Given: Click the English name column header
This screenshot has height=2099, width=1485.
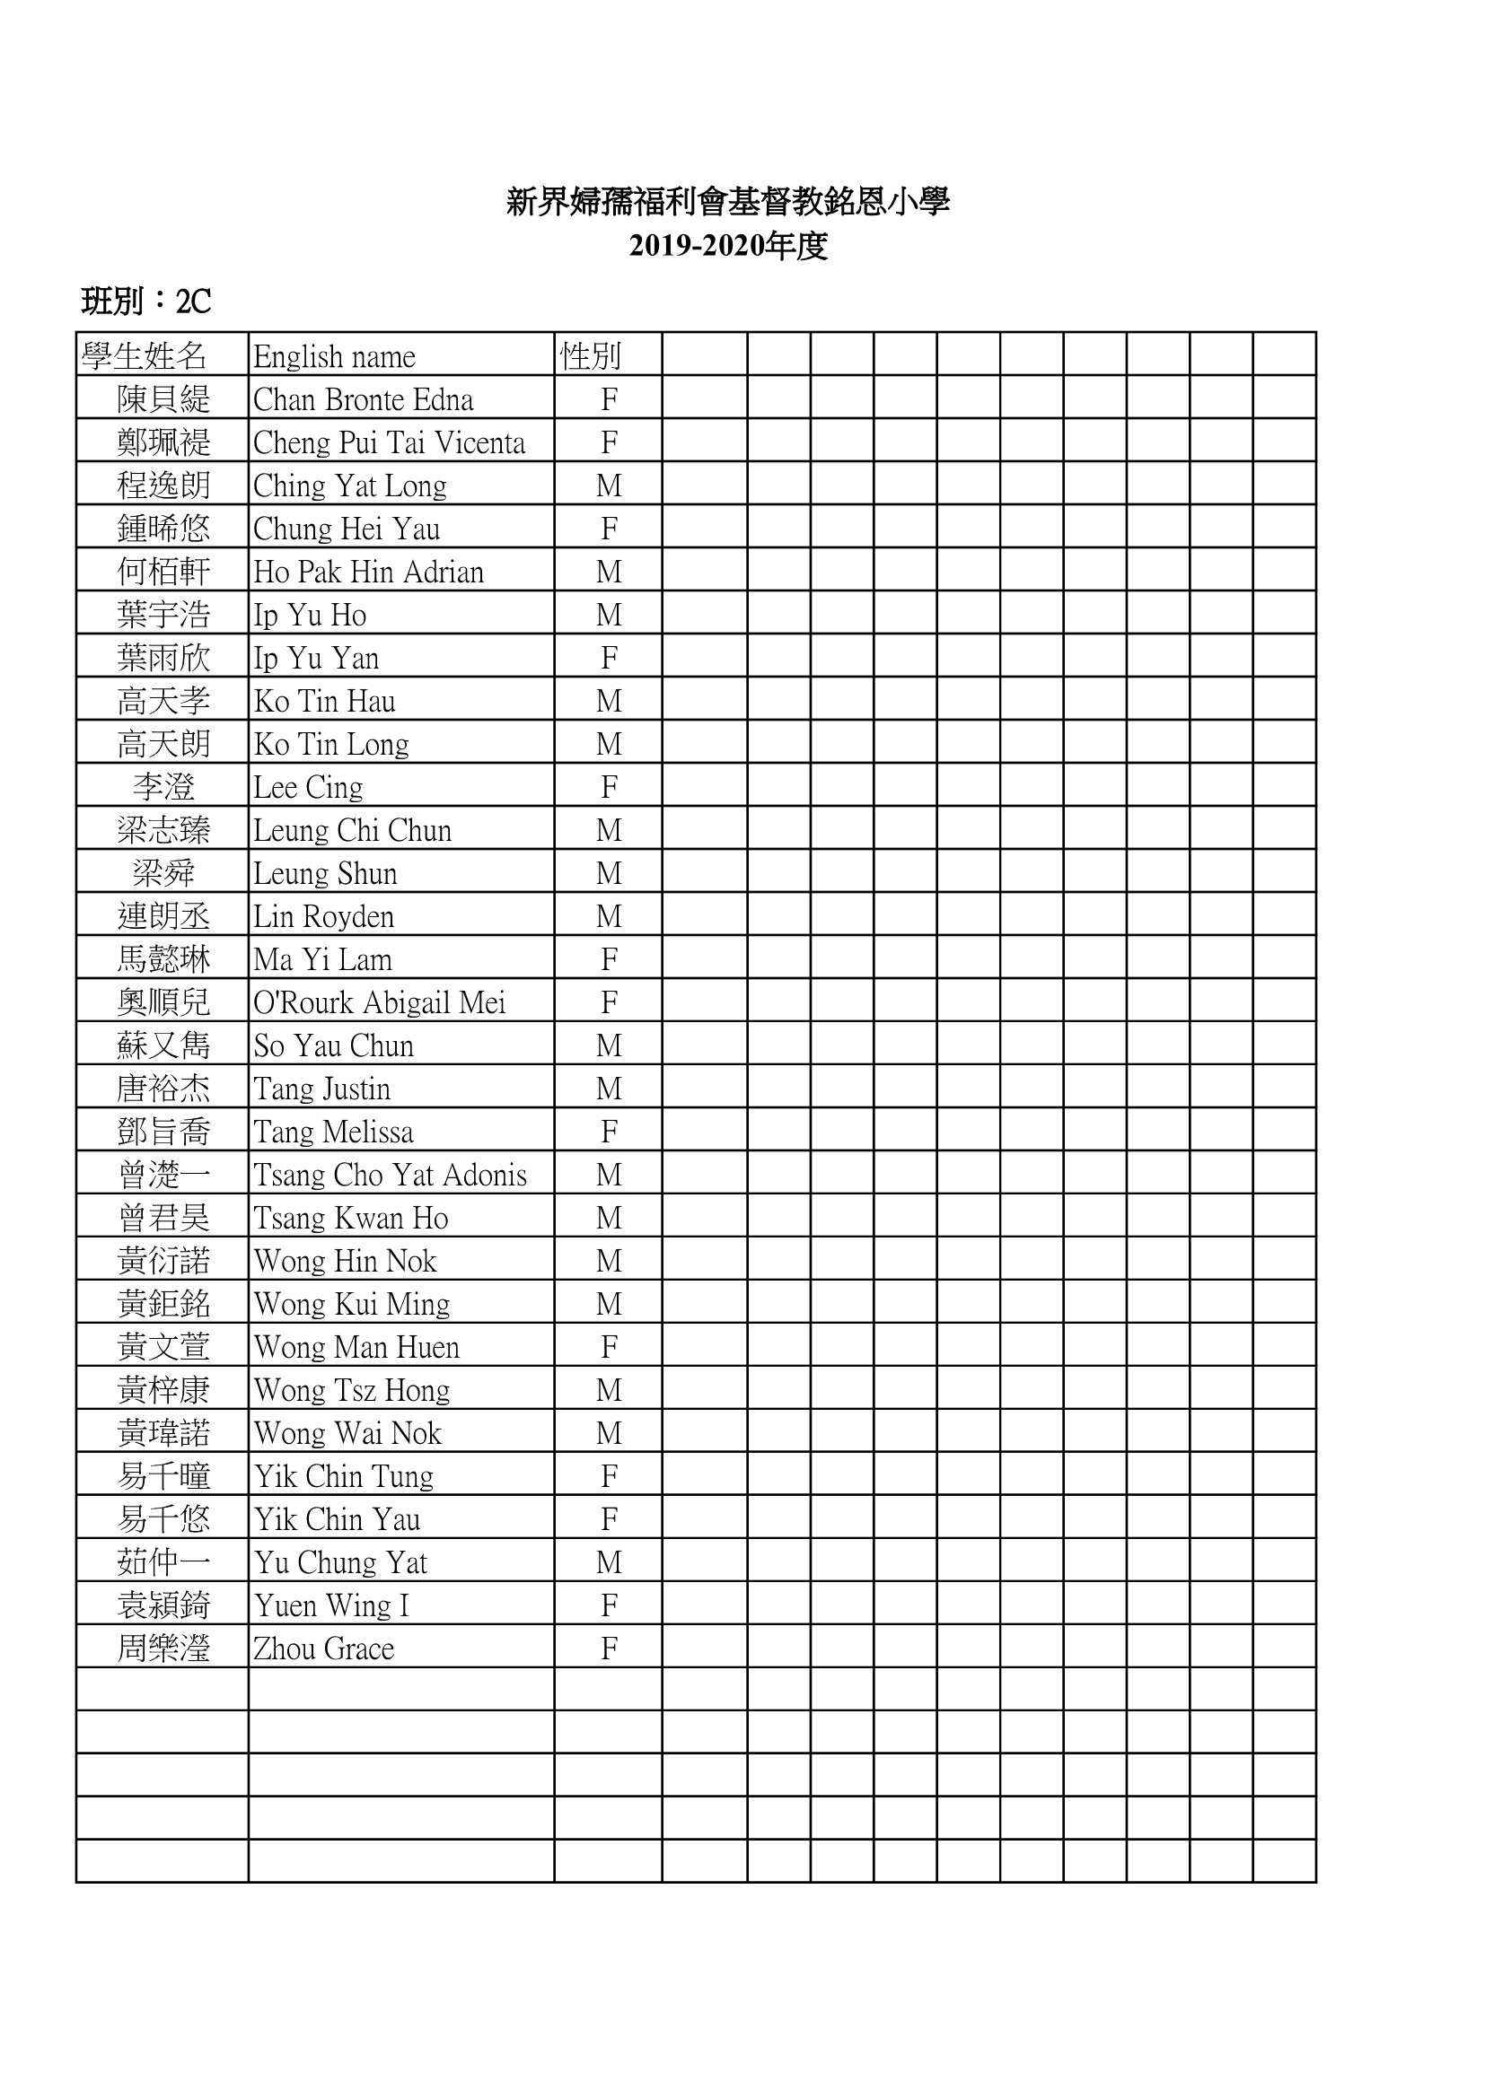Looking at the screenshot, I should (334, 356).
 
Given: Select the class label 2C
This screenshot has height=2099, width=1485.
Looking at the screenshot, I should (193, 301).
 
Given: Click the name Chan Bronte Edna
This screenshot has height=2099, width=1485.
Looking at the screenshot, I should (363, 399).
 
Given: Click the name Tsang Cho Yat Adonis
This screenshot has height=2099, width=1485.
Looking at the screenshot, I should (390, 1175).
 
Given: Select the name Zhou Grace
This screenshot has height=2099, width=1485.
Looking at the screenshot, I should (324, 1649).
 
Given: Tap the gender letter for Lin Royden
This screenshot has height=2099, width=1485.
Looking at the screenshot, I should (609, 916).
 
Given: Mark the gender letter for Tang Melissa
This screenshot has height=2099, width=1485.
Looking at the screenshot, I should (609, 1132).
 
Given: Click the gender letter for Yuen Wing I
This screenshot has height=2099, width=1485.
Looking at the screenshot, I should (609, 1605).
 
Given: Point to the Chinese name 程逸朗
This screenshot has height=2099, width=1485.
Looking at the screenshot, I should (163, 485).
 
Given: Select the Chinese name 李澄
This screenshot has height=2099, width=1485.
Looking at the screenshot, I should (163, 787).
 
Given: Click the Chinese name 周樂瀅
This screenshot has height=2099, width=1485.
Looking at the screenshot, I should (163, 1649).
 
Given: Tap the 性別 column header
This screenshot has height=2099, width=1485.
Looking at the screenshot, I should (591, 356).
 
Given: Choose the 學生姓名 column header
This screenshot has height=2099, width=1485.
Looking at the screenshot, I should (145, 356).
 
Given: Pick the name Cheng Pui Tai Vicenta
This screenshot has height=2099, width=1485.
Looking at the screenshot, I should (389, 442).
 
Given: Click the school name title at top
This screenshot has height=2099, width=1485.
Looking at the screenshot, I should (728, 202).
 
